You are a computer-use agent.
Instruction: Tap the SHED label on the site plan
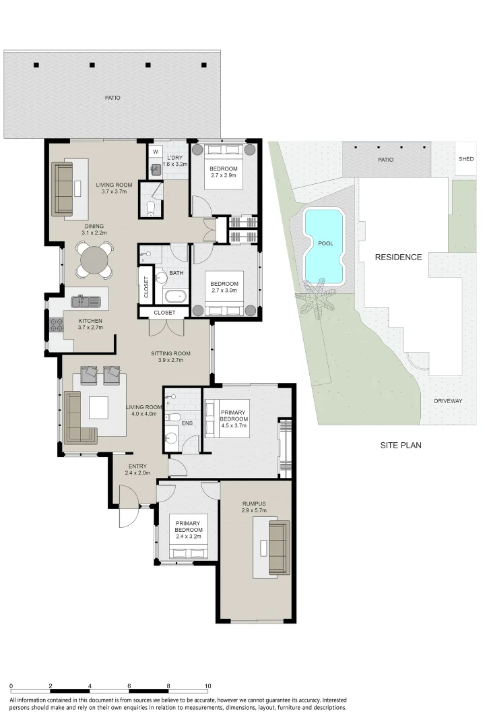point(465,160)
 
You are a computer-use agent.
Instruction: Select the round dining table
point(94,260)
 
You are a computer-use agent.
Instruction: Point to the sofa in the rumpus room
point(278,548)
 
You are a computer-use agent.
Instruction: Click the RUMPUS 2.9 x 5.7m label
point(255,507)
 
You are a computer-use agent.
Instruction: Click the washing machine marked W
point(155,152)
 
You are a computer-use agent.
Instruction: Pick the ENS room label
point(187,423)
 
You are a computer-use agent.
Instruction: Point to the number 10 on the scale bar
point(207,686)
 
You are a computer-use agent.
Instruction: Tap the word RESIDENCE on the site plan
point(398,257)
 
